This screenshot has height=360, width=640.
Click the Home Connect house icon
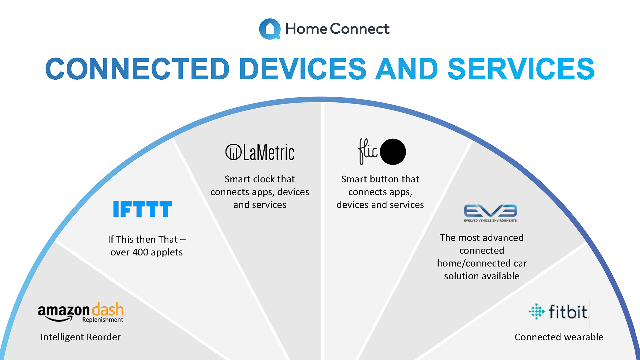[x=270, y=29]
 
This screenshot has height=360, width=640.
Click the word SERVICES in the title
[x=521, y=69]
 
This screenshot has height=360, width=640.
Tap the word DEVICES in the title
[x=303, y=69]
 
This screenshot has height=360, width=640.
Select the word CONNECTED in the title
[x=137, y=69]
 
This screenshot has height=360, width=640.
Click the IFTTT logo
[x=143, y=209]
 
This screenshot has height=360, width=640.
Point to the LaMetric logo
[x=260, y=152]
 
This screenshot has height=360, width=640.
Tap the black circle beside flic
[x=393, y=152]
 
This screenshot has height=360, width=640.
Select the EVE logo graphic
[x=490, y=211]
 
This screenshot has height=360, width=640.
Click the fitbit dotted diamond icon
[x=537, y=312]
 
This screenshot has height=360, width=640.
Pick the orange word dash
[x=108, y=310]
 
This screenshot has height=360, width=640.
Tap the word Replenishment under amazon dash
[x=103, y=320]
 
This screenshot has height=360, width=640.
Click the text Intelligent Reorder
[x=81, y=337]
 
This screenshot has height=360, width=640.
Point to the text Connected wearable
[x=559, y=337]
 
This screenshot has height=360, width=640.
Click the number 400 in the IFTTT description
[x=140, y=252]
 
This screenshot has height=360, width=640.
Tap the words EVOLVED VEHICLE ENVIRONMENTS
[x=490, y=220]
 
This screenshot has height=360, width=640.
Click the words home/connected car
[x=482, y=263]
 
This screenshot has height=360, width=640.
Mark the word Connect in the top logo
[x=360, y=29]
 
